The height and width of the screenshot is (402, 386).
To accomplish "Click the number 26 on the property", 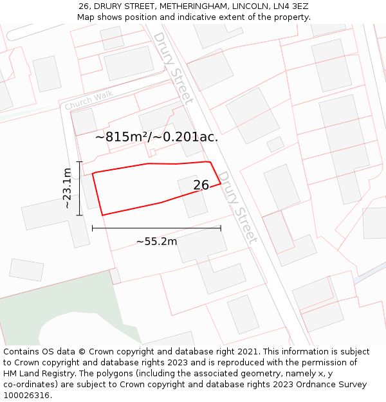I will (201, 185).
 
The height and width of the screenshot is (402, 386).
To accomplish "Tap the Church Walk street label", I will (89, 100).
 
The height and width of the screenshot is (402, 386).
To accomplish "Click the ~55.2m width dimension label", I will (156, 241).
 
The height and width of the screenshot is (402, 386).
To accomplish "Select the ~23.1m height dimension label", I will (67, 188).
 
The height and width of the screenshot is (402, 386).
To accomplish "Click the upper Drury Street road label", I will (172, 67).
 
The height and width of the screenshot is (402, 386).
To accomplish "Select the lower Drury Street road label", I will (237, 206).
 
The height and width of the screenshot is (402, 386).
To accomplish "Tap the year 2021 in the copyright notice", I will (246, 352).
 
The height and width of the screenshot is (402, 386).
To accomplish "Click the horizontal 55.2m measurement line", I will (156, 228).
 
